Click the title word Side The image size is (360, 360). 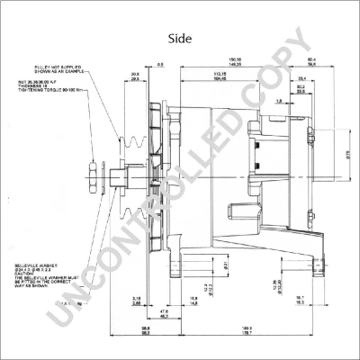180,39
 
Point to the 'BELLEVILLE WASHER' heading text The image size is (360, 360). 33,266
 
